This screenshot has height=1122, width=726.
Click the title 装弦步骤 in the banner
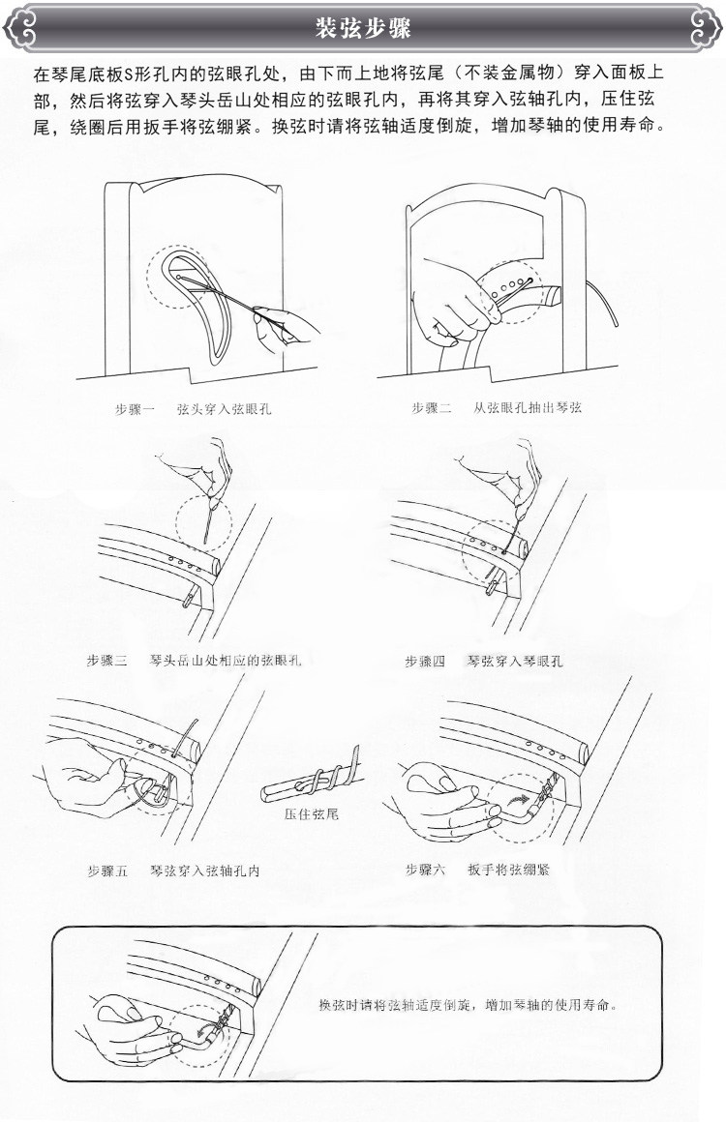pos(363,30)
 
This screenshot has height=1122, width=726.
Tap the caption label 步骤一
pos(136,410)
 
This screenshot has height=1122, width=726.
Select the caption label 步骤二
pos(432,410)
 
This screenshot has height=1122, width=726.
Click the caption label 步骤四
pos(425,662)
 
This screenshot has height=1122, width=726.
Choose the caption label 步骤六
pos(425,870)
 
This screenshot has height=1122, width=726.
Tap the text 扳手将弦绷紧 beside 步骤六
pos(507,870)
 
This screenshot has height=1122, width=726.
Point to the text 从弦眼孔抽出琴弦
pos(527,410)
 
